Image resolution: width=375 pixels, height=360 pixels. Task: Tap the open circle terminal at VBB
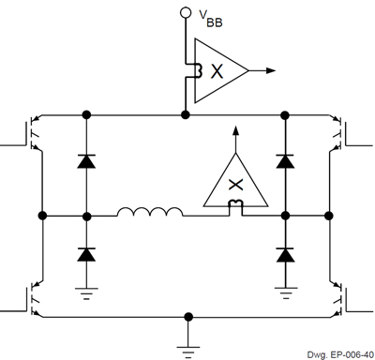(x=186, y=13)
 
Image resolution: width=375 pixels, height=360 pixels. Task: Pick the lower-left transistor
(x=34, y=295)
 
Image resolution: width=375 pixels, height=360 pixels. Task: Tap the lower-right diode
(x=285, y=254)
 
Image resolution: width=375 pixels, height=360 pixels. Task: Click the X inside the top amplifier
(x=217, y=71)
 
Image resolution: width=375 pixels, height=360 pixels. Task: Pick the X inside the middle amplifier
(x=234, y=184)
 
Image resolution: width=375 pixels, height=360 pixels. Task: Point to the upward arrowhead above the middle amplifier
(x=235, y=130)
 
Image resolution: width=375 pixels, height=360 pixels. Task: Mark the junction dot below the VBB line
(x=186, y=113)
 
